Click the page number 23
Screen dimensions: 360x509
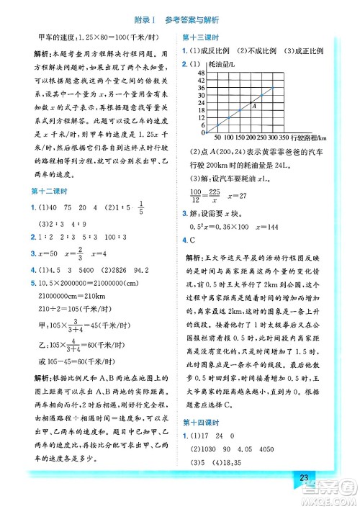coord(303,481)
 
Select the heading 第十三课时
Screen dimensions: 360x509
coord(201,37)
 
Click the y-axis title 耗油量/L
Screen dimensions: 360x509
coord(211,64)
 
